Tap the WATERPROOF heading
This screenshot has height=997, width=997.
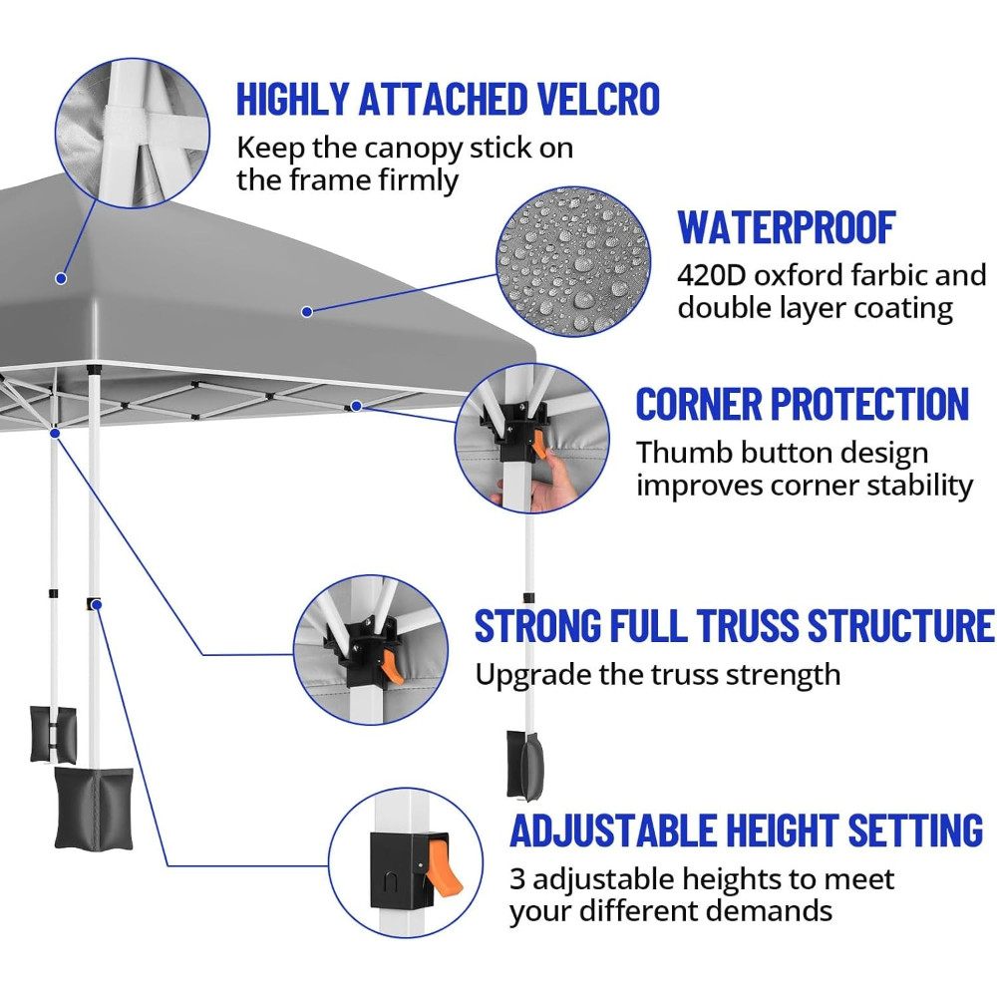coord(787,227)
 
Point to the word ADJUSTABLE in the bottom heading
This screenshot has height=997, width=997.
coord(613,831)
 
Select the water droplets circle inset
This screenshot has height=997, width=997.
coord(572,262)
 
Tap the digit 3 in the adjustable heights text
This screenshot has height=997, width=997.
coord(517,879)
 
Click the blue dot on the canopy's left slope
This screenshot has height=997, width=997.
coord(61,278)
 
